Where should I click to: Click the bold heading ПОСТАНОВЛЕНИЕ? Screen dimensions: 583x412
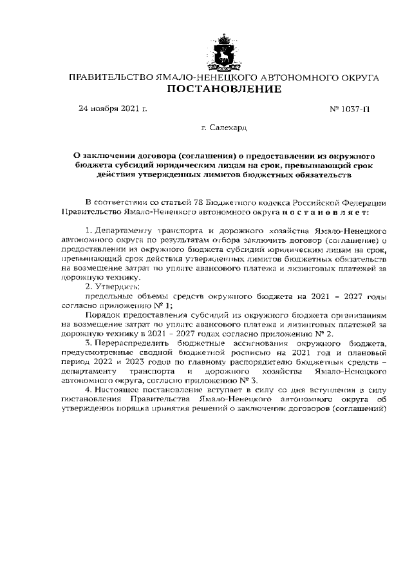click(x=224, y=89)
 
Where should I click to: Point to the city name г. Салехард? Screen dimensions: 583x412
click(x=223, y=128)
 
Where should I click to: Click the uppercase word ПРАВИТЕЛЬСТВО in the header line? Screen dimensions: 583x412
click(x=111, y=77)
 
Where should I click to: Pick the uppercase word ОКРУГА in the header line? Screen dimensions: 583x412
click(x=354, y=77)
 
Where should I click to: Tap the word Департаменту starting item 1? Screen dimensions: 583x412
click(x=124, y=229)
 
